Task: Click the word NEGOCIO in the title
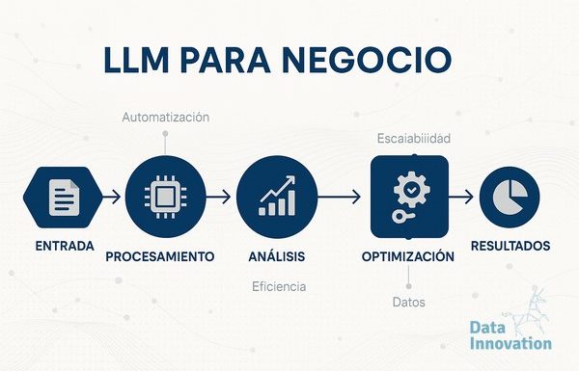pos(367,60)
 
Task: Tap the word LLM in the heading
pos(137,60)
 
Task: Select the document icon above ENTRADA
pos(65,197)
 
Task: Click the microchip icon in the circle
pos(165,197)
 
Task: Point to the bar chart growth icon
pos(277,196)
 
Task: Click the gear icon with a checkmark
pos(410,190)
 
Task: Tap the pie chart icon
pos(510,198)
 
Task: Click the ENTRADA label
pos(65,246)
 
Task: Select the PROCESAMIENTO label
pos(160,256)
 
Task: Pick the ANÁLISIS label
pos(277,255)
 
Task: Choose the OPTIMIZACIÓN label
pos(408,255)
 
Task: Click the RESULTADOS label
pos(510,246)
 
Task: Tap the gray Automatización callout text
pos(165,118)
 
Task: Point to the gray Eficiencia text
pos(279,286)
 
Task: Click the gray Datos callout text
pos(409,302)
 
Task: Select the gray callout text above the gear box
pos(414,139)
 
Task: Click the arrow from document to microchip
pos(111,197)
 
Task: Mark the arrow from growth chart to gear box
pos(339,197)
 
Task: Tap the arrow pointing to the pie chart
pos(461,197)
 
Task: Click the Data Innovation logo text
pos(510,335)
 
